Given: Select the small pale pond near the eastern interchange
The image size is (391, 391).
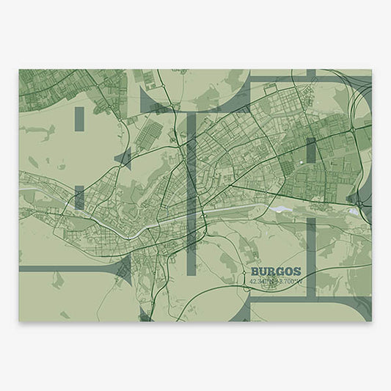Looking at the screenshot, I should (353, 211).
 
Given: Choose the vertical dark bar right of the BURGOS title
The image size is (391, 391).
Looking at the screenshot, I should (311, 257).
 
